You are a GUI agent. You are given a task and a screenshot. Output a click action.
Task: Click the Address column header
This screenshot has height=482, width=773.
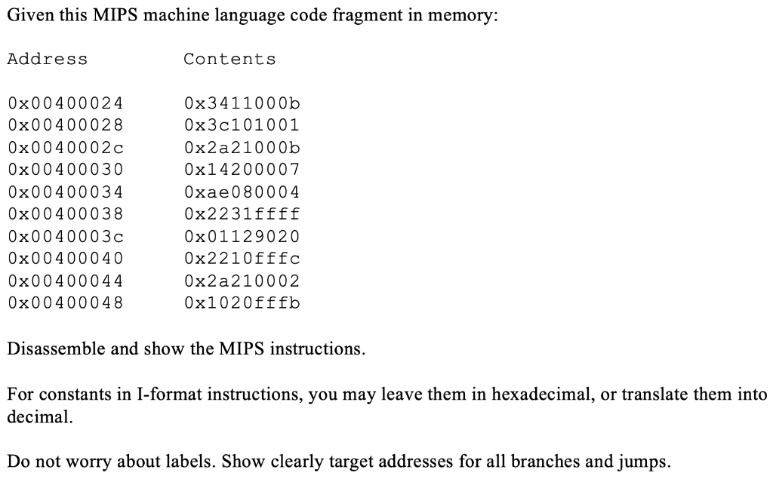pyautogui.click(x=47, y=59)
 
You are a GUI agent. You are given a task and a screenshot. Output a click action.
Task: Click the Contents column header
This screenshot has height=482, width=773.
pyautogui.click(x=229, y=59)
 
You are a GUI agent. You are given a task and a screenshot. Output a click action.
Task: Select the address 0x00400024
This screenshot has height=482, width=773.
pyautogui.click(x=65, y=103)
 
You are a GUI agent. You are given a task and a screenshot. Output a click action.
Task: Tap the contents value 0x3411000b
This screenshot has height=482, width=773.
pyautogui.click(x=242, y=103)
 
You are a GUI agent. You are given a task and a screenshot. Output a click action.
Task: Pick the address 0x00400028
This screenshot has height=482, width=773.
pyautogui.click(x=65, y=124)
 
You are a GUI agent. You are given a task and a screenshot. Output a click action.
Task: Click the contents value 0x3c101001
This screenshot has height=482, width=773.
pyautogui.click(x=242, y=124)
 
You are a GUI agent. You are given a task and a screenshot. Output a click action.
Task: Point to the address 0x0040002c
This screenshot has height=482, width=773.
pyautogui.click(x=65, y=147)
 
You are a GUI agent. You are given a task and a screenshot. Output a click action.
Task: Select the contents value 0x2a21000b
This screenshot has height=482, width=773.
pyautogui.click(x=242, y=147)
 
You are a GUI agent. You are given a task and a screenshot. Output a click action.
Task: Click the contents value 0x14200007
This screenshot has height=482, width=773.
pyautogui.click(x=242, y=169)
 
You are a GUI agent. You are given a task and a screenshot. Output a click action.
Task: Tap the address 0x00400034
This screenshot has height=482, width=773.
pyautogui.click(x=65, y=192)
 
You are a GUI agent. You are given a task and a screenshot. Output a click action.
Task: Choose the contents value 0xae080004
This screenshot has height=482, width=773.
pyautogui.click(x=242, y=192)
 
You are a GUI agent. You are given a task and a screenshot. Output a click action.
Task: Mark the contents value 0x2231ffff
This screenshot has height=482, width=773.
pyautogui.click(x=242, y=213)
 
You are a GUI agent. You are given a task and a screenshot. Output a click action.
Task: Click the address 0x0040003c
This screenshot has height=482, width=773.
pyautogui.click(x=65, y=236)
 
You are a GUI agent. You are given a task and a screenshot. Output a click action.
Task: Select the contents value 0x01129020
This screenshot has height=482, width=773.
pyautogui.click(x=242, y=236)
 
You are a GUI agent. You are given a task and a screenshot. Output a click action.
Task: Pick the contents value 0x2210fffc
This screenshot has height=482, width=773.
pyautogui.click(x=242, y=259)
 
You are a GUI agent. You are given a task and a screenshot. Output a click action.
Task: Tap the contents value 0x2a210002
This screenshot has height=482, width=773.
pyautogui.click(x=242, y=281)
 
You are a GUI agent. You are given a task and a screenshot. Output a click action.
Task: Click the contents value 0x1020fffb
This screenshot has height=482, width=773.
pyautogui.click(x=242, y=303)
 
